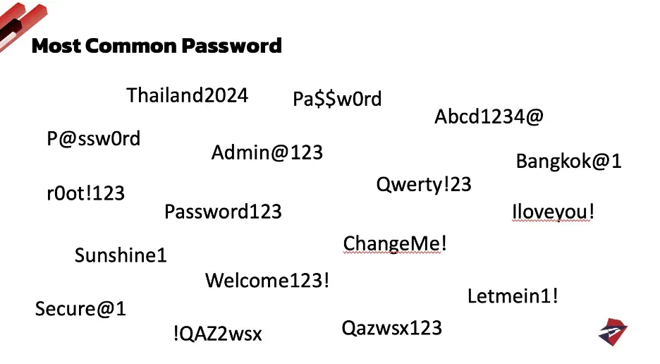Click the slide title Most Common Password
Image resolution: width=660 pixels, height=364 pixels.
coord(157,47)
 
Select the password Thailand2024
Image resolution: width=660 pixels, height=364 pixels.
coord(187,95)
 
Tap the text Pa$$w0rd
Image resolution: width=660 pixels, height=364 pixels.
coord(337,99)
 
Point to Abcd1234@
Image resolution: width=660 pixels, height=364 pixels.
coord(489,116)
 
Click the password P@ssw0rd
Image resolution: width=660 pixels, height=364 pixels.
coord(94,139)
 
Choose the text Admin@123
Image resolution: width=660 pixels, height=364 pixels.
coord(267,152)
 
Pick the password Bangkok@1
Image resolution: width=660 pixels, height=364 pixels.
coord(568,162)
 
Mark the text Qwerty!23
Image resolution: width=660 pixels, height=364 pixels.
coord(423,185)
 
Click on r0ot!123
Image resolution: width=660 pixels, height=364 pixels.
coord(85,193)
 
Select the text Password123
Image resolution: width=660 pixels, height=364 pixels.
coord(223,212)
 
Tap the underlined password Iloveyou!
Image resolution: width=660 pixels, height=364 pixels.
coord(553,212)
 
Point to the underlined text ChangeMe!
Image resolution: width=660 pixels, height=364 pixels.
coord(395,244)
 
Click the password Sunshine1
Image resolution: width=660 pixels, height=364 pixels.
coord(121,255)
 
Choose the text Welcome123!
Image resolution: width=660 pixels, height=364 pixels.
coord(267,281)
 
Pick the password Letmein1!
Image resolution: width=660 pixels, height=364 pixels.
coord(513,296)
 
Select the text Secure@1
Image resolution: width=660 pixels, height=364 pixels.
coord(80,309)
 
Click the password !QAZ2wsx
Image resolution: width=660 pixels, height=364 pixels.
coord(216,334)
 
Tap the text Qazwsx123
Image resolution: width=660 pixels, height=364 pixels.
coord(391,328)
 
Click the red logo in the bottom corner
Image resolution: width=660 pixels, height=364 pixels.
coord(613,332)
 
